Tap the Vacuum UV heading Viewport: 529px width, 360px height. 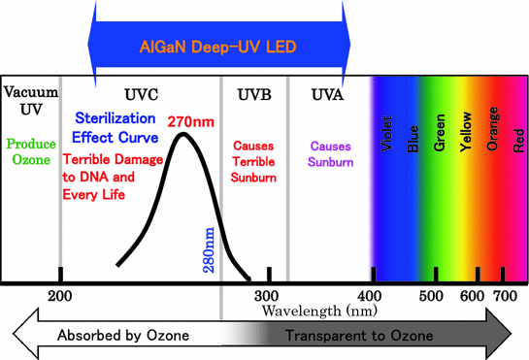click(x=30, y=99)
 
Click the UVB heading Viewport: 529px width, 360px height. click(x=254, y=93)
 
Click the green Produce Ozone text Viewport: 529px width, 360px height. click(x=30, y=151)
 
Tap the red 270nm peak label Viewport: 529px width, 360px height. click(x=190, y=122)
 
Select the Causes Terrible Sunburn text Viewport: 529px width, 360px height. click(x=254, y=161)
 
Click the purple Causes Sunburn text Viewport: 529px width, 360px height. click(x=328, y=153)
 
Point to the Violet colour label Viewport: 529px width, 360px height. click(x=387, y=141)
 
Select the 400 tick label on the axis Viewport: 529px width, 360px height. click(x=369, y=295)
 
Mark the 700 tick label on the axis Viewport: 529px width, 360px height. click(x=505, y=295)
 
